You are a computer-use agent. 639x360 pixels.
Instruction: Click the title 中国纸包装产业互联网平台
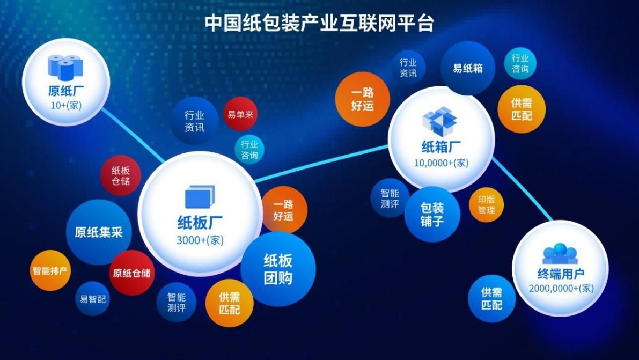click(319, 23)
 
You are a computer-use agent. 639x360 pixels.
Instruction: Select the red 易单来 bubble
click(240, 114)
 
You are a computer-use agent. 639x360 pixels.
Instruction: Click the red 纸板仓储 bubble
click(120, 175)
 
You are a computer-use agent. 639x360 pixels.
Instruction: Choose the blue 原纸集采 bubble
click(99, 232)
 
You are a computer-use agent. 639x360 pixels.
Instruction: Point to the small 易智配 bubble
click(93, 299)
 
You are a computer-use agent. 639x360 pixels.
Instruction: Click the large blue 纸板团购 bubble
click(278, 269)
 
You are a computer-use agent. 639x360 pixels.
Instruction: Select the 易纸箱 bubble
click(467, 69)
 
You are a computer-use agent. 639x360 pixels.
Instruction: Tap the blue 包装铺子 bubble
click(432, 214)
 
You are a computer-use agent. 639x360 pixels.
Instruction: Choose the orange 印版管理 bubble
click(486, 204)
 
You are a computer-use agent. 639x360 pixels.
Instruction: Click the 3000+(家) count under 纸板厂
click(200, 240)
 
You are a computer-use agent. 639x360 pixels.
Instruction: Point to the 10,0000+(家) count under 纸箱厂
click(440, 163)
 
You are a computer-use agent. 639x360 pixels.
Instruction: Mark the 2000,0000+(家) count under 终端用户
click(561, 288)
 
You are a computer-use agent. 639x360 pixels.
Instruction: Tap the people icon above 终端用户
click(560, 253)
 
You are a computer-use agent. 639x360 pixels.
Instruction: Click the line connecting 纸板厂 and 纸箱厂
click(322, 163)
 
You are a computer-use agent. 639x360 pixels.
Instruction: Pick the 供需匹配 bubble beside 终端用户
click(491, 298)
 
